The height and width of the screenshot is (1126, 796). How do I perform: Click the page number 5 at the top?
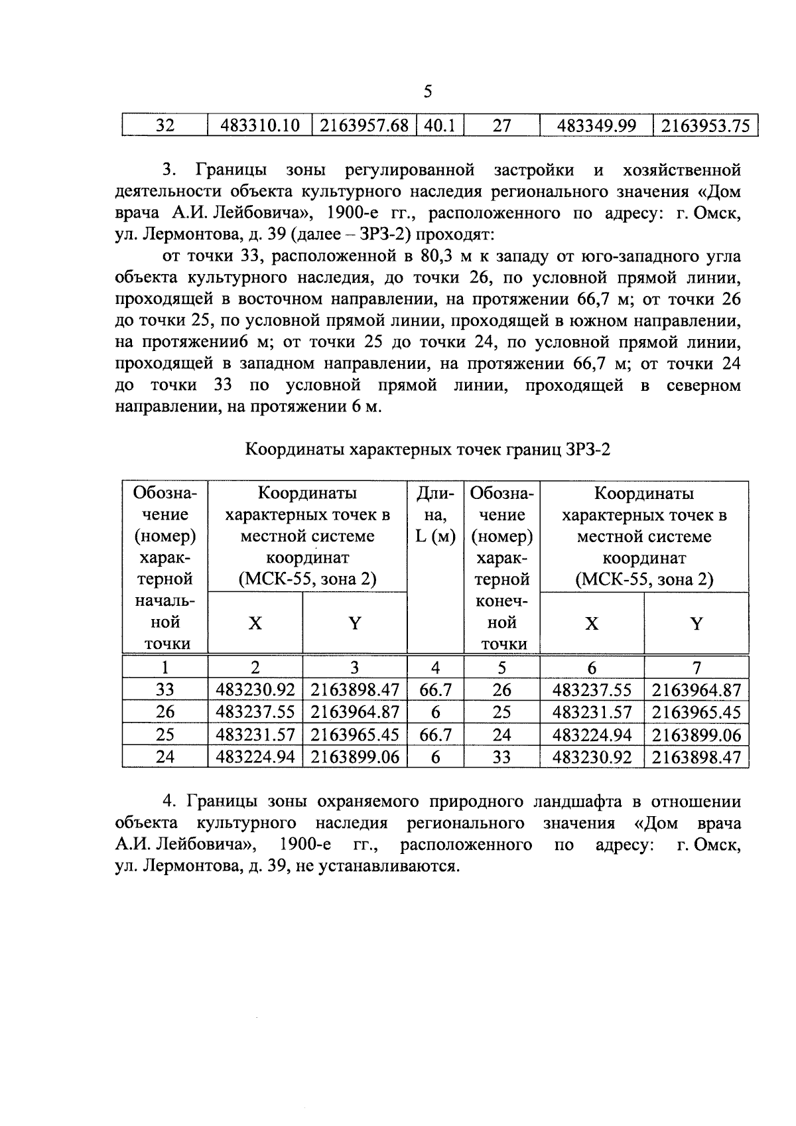tap(427, 91)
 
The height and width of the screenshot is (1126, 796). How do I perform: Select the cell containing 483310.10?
tap(259, 125)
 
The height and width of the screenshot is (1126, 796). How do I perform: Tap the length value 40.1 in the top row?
tap(439, 125)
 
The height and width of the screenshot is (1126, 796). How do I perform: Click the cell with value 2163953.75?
tap(705, 125)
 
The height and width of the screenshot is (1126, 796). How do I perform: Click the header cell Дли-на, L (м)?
tap(435, 515)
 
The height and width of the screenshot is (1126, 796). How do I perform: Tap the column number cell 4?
tap(435, 668)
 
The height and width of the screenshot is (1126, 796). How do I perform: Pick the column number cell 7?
tap(696, 668)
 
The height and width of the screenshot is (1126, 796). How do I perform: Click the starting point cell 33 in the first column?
tap(165, 690)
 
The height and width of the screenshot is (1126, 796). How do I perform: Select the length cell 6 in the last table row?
tap(435, 757)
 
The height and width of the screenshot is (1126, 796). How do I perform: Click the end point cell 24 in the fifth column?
tap(502, 735)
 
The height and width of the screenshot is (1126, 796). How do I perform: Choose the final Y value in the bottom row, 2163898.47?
tap(696, 757)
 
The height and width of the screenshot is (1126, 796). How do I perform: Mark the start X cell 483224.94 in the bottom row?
tap(255, 757)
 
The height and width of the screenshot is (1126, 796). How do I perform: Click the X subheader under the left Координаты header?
tap(255, 623)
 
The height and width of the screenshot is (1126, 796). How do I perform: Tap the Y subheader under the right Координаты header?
tap(696, 623)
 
